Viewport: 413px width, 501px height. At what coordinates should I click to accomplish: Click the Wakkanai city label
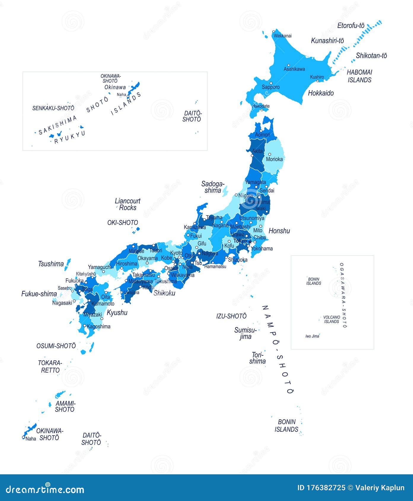pos(283,36)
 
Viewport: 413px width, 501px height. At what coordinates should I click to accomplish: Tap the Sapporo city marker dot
pos(271,83)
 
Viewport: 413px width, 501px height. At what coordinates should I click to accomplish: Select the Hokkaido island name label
pos(321,93)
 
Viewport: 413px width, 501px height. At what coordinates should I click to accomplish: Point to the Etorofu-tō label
pos(351,26)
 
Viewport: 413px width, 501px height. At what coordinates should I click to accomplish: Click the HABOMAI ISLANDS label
pos(360,76)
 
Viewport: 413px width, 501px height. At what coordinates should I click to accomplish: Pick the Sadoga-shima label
pos(213,187)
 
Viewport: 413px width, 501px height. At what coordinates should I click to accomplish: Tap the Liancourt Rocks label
pos(127,204)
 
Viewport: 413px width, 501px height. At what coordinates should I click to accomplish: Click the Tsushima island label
pos(51,264)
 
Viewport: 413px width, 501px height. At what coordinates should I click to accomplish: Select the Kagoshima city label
pos(98,326)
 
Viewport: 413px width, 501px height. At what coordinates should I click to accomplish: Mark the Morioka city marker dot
pos(270,154)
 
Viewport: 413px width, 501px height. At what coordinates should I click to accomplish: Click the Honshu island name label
pos(279,231)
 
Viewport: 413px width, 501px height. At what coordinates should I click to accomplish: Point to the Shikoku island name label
pos(164,293)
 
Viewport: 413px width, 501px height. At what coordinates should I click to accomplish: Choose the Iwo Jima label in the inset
pos(312,336)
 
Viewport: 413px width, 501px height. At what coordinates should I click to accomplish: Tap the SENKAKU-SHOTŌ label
pos(53,108)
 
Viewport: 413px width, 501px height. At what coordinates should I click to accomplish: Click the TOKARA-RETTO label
pos(50,366)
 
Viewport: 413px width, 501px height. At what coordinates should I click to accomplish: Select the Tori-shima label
pos(257,358)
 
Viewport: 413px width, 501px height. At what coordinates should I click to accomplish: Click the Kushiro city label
pos(317,77)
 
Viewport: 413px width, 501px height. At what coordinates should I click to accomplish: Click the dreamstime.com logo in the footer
pos(45,489)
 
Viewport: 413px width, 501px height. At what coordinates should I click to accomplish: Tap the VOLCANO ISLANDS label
pos(331,319)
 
